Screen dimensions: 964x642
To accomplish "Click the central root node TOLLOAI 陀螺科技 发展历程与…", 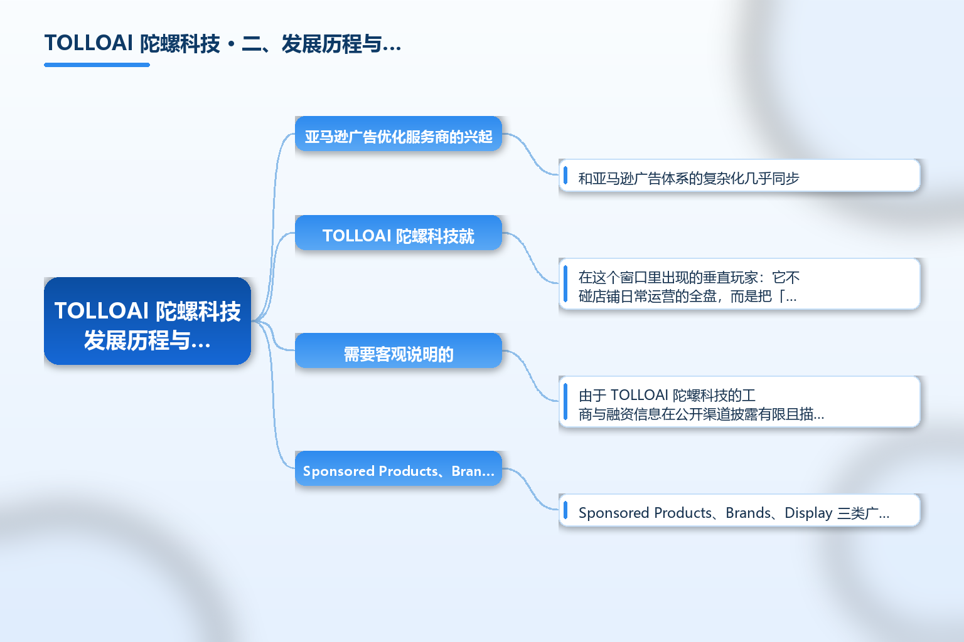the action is pyautogui.click(x=147, y=321).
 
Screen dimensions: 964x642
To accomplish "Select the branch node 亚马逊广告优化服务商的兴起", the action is pyautogui.click(x=399, y=134).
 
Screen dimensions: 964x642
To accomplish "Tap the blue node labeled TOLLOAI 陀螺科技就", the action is pyautogui.click(x=399, y=233).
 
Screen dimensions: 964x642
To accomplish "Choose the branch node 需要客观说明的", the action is pyautogui.click(x=399, y=350).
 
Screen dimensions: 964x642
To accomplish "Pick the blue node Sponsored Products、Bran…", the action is pyautogui.click(x=399, y=468).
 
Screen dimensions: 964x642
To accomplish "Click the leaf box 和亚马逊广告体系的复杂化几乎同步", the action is pyautogui.click(x=739, y=176).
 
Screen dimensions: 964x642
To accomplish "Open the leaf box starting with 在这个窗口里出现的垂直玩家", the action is pyautogui.click(x=739, y=284).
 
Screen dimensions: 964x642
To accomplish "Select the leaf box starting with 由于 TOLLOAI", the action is pyautogui.click(x=739, y=402).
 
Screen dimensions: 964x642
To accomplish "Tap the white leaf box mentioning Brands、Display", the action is pyautogui.click(x=739, y=510).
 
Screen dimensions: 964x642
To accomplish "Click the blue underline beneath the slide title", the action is pyautogui.click(x=97, y=65).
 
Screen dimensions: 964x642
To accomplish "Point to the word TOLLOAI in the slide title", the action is pyautogui.click(x=88, y=43).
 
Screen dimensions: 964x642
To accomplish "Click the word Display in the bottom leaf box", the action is pyautogui.click(x=808, y=513).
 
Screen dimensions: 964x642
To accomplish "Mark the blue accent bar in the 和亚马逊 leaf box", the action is pyautogui.click(x=565, y=176).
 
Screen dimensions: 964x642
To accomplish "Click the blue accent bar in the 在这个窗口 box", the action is pyautogui.click(x=565, y=284).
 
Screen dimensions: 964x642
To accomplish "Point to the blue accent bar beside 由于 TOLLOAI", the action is pyautogui.click(x=565, y=402).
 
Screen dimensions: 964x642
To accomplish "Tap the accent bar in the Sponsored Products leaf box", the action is pyautogui.click(x=565, y=510).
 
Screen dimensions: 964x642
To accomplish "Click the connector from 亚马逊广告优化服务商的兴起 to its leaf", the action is pyautogui.click(x=530, y=154).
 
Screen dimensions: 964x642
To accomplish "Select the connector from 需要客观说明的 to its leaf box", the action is pyautogui.click(x=530, y=376).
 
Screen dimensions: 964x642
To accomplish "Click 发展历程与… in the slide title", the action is pyautogui.click(x=341, y=44).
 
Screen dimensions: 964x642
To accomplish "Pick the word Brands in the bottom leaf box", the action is pyautogui.click(x=748, y=513).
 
